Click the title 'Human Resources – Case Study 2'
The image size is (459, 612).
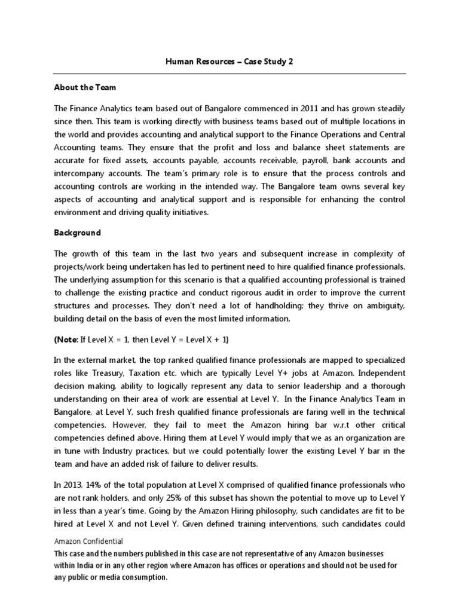click(229, 62)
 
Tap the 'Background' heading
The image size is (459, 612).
click(77, 232)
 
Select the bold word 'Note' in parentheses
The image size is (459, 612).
click(66, 339)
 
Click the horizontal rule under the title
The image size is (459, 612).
click(229, 74)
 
